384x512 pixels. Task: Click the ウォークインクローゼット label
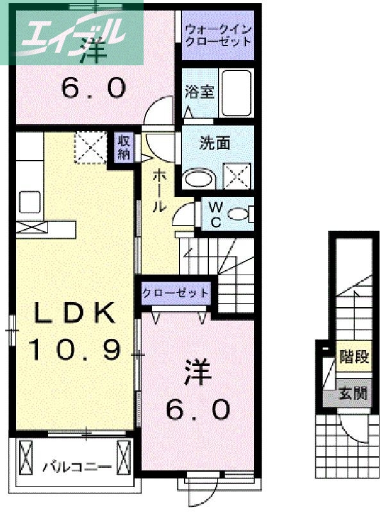(218, 35)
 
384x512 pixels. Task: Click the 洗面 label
(215, 142)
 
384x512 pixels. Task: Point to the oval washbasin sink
(199, 179)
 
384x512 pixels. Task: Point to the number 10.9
(74, 349)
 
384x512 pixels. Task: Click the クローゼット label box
(176, 294)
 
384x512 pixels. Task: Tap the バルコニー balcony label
(78, 467)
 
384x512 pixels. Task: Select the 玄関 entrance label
(354, 392)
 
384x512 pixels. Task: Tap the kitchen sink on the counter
(29, 202)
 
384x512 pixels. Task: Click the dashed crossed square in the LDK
(90, 148)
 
